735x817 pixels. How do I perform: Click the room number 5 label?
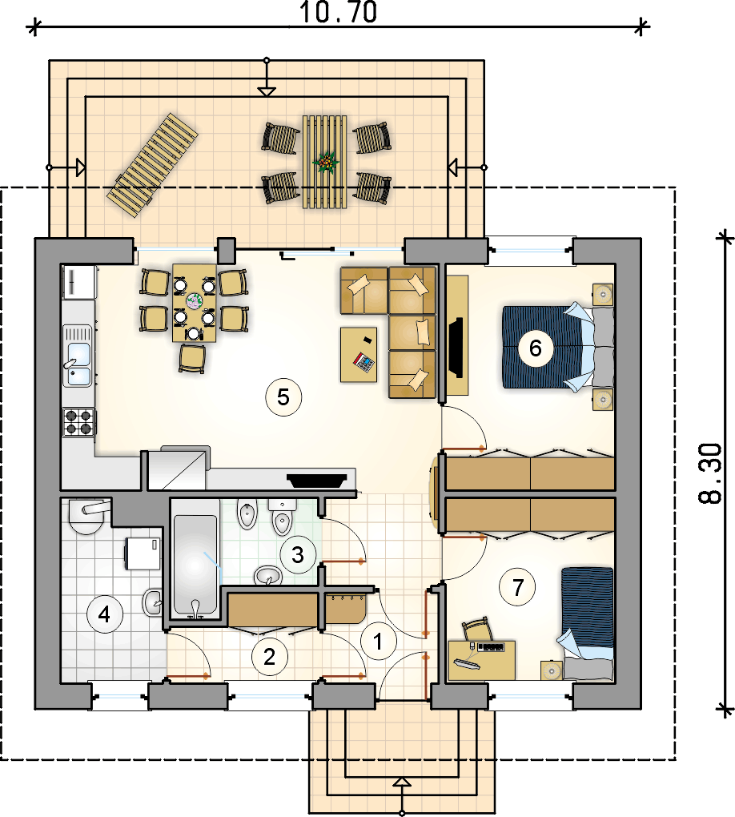[283, 397]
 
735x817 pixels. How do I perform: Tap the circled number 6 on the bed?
[536, 348]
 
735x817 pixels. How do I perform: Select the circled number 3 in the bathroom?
[298, 554]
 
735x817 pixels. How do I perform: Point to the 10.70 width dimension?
[339, 13]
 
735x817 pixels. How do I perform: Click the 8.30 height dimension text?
[710, 473]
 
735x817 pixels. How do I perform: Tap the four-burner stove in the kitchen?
[79, 422]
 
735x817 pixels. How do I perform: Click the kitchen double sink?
[78, 356]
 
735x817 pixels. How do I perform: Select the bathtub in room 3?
[195, 565]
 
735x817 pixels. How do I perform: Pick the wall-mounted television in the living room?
[456, 347]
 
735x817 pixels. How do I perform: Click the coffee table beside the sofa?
[359, 354]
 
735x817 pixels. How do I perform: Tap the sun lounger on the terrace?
[153, 165]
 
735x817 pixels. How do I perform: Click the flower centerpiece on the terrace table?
[326, 162]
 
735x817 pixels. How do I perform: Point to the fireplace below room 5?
[317, 479]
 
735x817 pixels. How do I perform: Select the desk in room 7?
[482, 660]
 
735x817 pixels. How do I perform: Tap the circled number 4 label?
[105, 615]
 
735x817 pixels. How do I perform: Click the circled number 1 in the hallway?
[378, 642]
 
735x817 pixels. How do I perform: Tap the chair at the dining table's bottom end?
[192, 359]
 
